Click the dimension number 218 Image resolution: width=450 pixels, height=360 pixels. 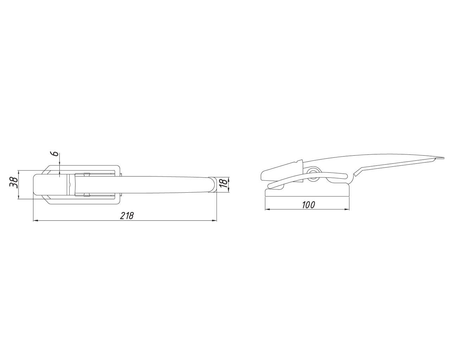pyautogui.click(x=127, y=215)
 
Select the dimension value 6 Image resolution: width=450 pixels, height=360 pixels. pyautogui.click(x=55, y=154)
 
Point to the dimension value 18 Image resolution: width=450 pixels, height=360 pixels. pyautogui.click(x=224, y=184)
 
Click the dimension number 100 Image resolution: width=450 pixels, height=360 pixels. pyautogui.click(x=308, y=205)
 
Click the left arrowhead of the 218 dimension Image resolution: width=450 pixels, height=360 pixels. pyautogui.click(x=36, y=220)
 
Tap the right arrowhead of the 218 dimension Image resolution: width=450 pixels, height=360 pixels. pyautogui.click(x=214, y=220)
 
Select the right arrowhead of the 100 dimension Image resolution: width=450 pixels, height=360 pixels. pyautogui.click(x=347, y=209)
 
